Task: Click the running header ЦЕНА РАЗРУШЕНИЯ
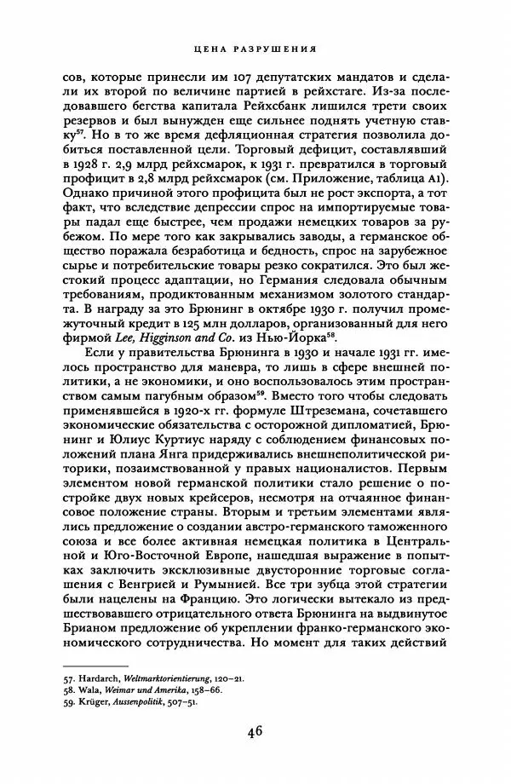[255, 49]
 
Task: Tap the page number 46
[255, 732]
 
